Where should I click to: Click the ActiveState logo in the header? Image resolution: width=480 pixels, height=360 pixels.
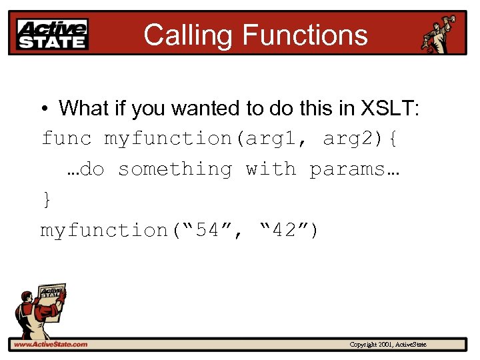tap(53, 33)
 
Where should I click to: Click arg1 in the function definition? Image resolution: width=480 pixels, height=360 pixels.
tap(275, 139)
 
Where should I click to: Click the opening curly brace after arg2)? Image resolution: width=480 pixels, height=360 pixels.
tap(393, 139)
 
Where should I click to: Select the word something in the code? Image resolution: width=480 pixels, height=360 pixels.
tap(175, 169)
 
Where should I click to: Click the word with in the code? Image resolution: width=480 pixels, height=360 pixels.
tap(271, 169)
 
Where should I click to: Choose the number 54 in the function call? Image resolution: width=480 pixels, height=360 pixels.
tap(206, 231)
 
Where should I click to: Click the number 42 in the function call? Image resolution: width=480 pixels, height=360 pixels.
tap(283, 231)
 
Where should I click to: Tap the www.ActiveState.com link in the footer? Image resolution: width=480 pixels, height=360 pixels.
tap(51, 344)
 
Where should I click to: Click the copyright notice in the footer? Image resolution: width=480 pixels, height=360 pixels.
tap(388, 345)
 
